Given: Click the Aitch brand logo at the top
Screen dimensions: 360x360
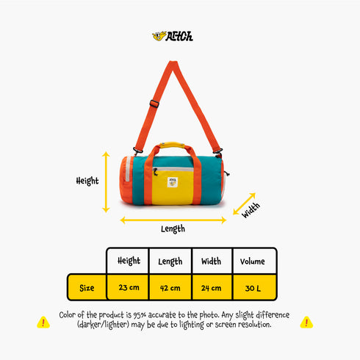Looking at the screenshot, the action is [173, 36].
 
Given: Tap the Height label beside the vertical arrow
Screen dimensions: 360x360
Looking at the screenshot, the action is [87, 181].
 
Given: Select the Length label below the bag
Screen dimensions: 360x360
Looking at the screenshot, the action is [173, 229].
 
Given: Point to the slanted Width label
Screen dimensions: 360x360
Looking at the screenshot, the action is [251, 210].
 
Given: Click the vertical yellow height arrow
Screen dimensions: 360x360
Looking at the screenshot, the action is [106, 182].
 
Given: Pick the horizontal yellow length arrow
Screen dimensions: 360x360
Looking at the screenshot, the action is [173, 220].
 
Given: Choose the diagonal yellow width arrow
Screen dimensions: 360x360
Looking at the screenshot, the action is [244, 204].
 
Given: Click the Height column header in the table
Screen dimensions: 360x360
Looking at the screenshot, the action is [129, 261].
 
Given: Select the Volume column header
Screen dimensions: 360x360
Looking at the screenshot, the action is [253, 262].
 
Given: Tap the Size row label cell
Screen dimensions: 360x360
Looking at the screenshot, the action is [87, 287].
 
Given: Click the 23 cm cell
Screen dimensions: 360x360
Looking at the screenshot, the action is [129, 287].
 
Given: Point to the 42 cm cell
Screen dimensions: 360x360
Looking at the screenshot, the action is [170, 288].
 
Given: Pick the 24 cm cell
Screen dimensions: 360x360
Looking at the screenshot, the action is [212, 288].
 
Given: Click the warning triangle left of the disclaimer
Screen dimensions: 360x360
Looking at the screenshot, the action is [43, 323].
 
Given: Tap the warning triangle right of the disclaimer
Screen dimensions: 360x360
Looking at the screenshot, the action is [306, 323].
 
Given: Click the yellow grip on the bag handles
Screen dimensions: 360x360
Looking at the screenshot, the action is [172, 145].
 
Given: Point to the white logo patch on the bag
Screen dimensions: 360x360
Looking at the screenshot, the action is [173, 182].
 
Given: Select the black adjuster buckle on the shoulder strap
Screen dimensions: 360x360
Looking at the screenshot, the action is [154, 104].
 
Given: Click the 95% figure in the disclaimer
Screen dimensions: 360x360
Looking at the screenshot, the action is [140, 315].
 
